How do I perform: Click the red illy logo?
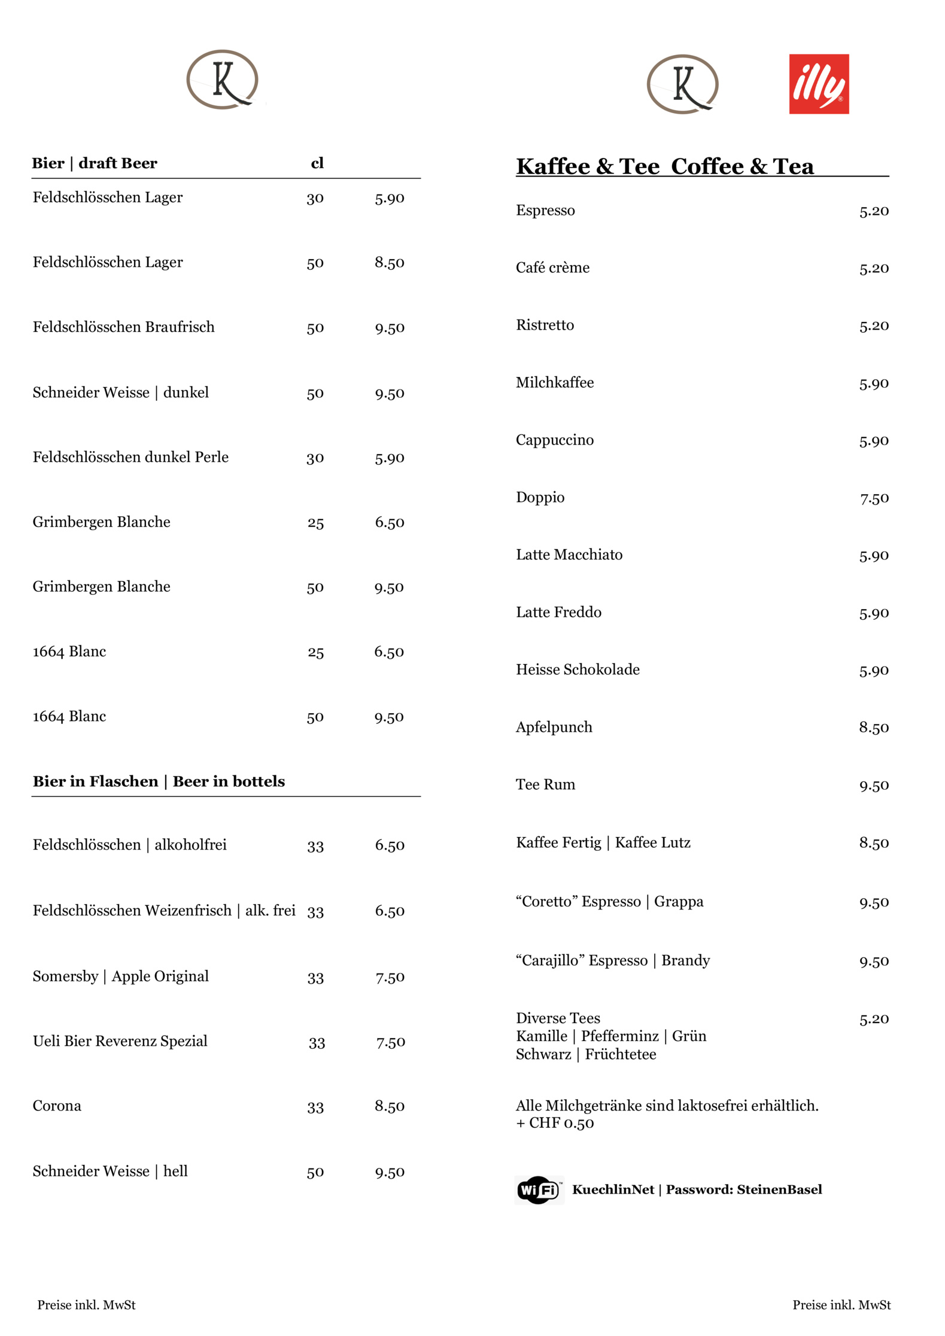[818, 84]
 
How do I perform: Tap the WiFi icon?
[538, 1189]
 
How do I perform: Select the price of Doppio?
[874, 498]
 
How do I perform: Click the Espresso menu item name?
[545, 211]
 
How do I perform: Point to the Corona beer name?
[57, 1106]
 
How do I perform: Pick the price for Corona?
[389, 1106]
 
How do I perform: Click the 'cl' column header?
[317, 163]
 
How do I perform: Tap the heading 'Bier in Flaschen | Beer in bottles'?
[159, 781]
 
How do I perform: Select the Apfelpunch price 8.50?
[874, 728]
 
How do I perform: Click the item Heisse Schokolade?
[578, 669]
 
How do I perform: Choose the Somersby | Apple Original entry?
[120, 976]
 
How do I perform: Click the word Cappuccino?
[554, 440]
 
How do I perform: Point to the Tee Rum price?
[874, 785]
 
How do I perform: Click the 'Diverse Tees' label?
[558, 1018]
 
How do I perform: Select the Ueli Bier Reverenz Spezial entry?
[120, 1041]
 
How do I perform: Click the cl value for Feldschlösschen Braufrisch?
[315, 328]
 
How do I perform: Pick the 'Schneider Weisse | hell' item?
[110, 1171]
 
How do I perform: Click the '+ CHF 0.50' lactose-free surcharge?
[555, 1123]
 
